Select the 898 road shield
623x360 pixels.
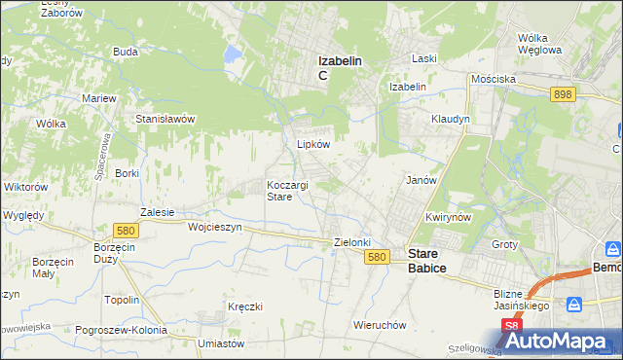pos(562,94)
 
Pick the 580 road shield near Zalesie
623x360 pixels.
pos(124,231)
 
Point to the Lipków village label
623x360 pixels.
pos(313,143)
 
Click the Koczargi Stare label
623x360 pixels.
pos(289,190)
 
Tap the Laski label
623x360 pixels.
pos(423,58)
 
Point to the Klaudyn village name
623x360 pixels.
pos(451,119)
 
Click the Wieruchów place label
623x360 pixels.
pos(380,325)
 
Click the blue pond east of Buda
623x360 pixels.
pos(233,55)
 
